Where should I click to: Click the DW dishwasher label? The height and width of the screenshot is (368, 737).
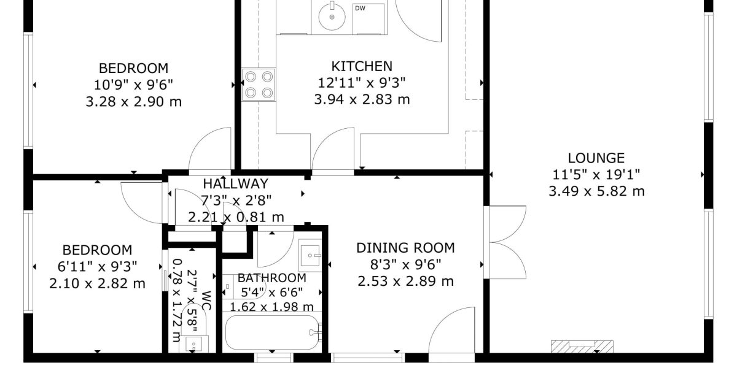tap(360, 8)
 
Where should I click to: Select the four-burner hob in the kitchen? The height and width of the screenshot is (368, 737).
tap(259, 85)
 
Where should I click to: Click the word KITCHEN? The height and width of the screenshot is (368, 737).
tap(362, 66)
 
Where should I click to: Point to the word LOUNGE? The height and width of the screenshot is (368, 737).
tap(596, 158)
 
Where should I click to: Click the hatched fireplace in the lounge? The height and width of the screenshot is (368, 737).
tap(582, 347)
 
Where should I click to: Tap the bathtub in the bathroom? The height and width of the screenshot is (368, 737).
tap(273, 332)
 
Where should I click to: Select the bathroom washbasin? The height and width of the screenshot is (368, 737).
tap(310, 255)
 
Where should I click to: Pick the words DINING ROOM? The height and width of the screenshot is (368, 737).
tap(406, 248)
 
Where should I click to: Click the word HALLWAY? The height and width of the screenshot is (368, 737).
tap(236, 183)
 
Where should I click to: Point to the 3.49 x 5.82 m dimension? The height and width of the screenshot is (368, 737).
tap(596, 191)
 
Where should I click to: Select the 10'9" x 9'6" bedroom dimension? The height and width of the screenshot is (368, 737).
tap(134, 85)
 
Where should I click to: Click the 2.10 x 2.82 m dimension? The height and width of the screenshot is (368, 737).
tap(98, 283)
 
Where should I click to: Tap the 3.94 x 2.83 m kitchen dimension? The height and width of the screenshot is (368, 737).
tap(362, 99)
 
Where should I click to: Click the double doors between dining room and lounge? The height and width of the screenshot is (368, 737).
tap(505, 242)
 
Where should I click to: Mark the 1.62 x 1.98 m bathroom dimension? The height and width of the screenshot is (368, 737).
tap(271, 307)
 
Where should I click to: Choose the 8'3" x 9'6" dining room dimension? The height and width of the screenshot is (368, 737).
tap(406, 264)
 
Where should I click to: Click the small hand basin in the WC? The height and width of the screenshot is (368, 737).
tap(194, 344)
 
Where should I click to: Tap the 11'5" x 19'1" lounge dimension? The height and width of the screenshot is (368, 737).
tap(596, 174)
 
